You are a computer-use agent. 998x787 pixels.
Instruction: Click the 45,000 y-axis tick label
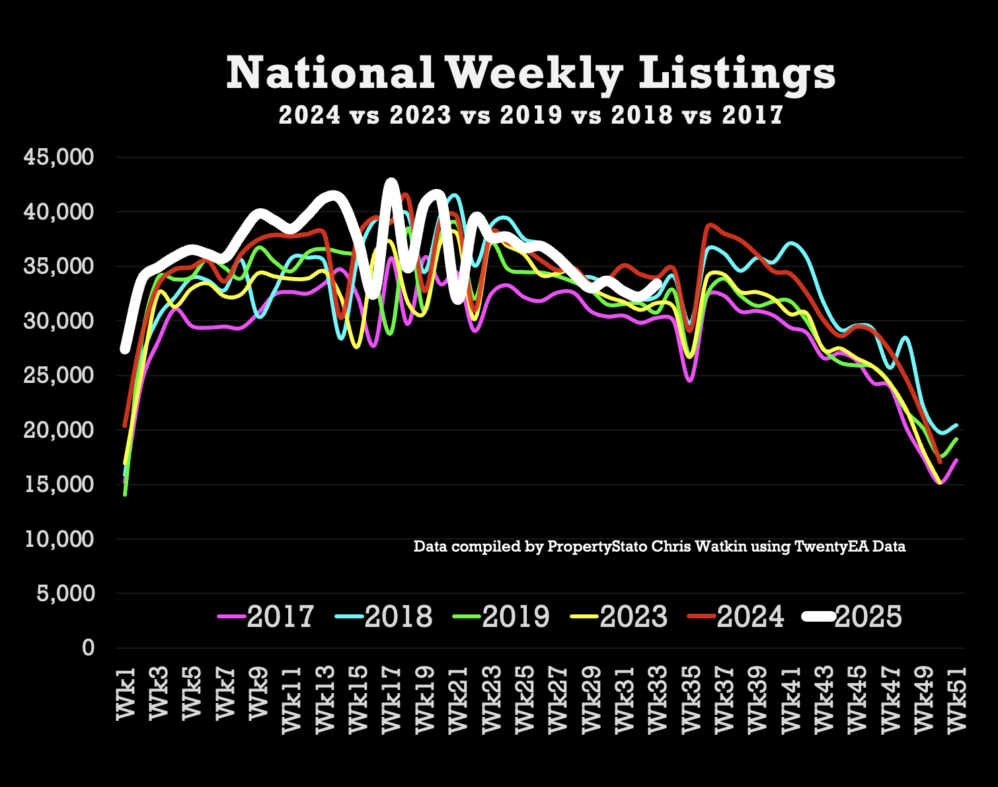(59, 157)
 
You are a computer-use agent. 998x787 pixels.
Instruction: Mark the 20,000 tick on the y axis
(59, 430)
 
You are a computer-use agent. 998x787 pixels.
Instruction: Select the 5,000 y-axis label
(64, 593)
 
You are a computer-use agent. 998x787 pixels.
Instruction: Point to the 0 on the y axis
(88, 647)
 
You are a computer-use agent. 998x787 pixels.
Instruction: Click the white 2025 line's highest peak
(391, 182)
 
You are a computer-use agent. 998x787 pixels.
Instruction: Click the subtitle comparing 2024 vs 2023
(531, 115)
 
